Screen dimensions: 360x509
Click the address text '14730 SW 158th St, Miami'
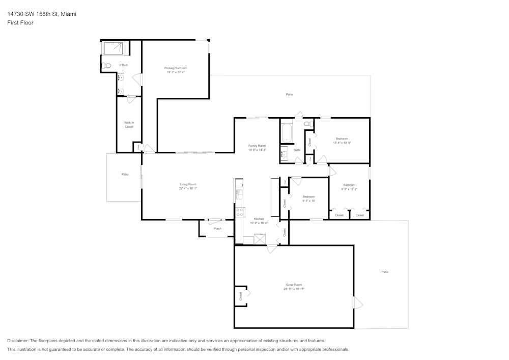[x=42, y=14]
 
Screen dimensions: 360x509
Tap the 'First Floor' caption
[x=20, y=23]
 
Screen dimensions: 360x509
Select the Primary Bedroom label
[x=176, y=68]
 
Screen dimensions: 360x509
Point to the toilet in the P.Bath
[x=106, y=66]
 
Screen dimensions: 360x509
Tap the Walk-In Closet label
[x=129, y=124]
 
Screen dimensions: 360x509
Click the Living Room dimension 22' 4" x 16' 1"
[x=188, y=188]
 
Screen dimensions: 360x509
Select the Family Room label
[x=257, y=146]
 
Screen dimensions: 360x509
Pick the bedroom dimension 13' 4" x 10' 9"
[x=342, y=143]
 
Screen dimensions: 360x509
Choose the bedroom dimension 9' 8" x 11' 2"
[x=349, y=189]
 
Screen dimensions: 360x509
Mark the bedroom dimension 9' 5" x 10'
[x=309, y=201]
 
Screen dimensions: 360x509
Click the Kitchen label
[x=259, y=219]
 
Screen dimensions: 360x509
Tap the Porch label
[x=217, y=229]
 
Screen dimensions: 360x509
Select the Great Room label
[x=294, y=285]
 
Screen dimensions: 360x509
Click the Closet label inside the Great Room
[x=241, y=296]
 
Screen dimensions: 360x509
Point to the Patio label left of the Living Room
[x=125, y=175]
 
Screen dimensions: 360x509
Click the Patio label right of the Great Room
[x=385, y=272]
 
